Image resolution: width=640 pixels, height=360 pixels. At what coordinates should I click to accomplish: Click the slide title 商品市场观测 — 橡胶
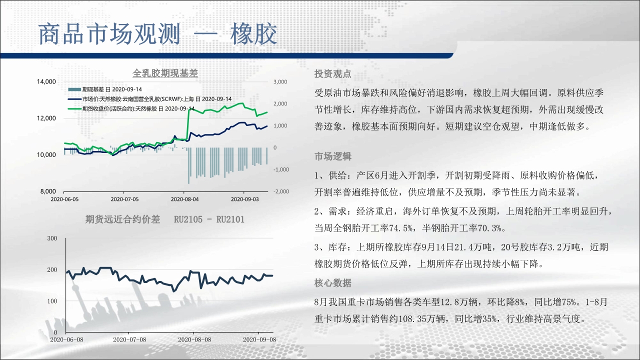click(157, 34)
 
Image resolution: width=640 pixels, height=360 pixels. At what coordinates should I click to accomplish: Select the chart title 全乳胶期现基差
click(165, 73)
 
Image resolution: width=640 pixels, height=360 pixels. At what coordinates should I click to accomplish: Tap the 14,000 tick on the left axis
click(46, 81)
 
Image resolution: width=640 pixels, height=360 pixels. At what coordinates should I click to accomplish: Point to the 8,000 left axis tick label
click(48, 191)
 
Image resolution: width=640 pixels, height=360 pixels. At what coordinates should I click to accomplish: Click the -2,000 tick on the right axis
click(281, 191)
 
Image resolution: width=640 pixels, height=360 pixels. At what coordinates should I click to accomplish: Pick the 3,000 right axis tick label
click(280, 81)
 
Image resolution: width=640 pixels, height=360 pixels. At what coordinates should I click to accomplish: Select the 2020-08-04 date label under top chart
click(184, 199)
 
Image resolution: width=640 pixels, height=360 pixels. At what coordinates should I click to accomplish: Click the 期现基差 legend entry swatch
click(74, 89)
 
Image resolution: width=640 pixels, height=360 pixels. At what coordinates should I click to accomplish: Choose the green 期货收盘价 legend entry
click(131, 109)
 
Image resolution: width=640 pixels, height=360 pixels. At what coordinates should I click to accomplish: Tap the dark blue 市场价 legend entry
click(149, 99)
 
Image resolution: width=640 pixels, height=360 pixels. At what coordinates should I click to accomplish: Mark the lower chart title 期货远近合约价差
click(122, 219)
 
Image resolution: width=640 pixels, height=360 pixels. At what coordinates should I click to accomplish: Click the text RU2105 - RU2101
click(209, 219)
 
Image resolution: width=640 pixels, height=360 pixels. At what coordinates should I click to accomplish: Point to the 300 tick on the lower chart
click(52, 238)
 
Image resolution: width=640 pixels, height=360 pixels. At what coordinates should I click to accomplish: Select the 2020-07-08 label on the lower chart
click(129, 339)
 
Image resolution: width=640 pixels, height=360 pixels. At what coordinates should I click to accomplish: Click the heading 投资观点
click(333, 74)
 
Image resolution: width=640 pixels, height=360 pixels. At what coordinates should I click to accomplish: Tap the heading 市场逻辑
click(333, 156)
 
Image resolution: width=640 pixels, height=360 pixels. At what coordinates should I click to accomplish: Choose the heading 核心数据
click(333, 283)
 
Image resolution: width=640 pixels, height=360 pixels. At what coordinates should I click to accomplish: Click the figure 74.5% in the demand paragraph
click(401, 228)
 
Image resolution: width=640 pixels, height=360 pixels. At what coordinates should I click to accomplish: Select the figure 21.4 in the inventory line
click(463, 247)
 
